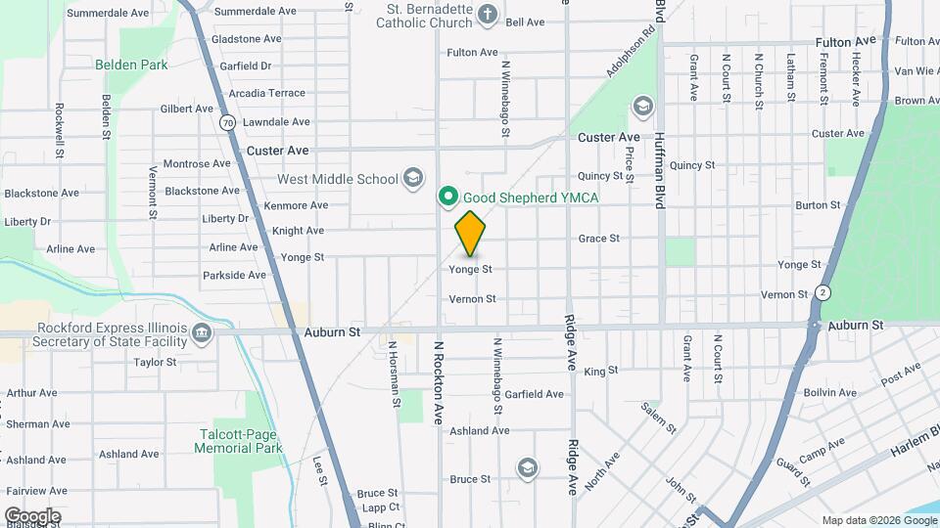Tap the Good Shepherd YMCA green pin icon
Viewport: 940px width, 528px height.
click(x=448, y=197)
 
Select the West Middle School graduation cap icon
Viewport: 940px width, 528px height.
click(x=413, y=178)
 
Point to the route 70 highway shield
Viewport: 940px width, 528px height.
click(x=227, y=122)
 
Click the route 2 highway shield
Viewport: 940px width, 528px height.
click(x=823, y=292)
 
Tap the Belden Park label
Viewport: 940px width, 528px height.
click(x=131, y=65)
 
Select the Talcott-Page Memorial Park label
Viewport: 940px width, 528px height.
click(x=238, y=441)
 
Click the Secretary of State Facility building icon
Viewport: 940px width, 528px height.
click(x=202, y=333)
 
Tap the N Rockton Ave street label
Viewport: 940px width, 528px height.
click(x=439, y=381)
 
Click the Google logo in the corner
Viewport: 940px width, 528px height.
click(x=32, y=515)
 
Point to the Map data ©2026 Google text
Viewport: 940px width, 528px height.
click(x=877, y=520)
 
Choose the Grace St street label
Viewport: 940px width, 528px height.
click(x=598, y=238)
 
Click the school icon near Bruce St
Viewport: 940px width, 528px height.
click(x=528, y=467)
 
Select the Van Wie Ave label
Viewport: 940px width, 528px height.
click(x=916, y=70)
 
